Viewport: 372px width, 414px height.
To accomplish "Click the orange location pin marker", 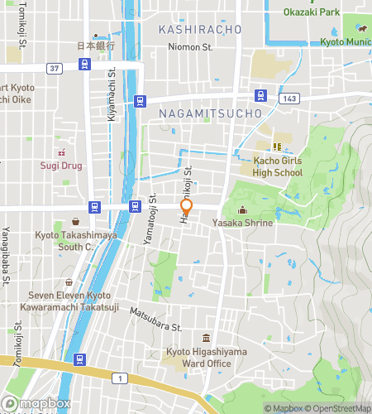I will tap(187, 207).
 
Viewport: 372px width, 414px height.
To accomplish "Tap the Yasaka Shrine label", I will tap(242, 223).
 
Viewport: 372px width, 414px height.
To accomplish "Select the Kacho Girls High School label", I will tap(277, 166).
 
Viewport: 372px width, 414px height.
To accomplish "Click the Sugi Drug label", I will tap(61, 166).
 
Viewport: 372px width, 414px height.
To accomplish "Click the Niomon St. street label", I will tap(190, 47).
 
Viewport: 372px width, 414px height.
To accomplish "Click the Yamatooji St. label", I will tap(152, 224).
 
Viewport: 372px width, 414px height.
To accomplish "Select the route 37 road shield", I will tap(55, 68).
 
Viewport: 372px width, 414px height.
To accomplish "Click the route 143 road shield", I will tap(288, 98).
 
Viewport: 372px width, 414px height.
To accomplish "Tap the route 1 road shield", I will tap(122, 378).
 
